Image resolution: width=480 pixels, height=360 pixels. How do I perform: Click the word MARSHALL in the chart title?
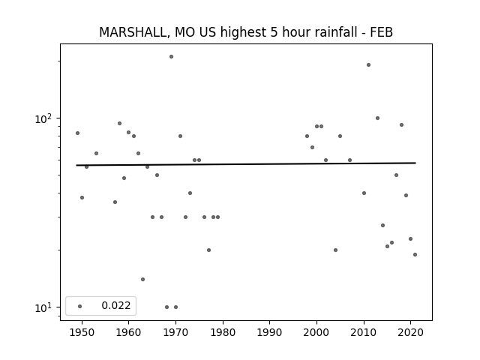click(133, 32)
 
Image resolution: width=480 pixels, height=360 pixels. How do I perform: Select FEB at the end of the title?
click(382, 32)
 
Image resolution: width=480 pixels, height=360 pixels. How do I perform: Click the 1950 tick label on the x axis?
click(82, 332)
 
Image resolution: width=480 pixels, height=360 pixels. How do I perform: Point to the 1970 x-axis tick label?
click(175, 332)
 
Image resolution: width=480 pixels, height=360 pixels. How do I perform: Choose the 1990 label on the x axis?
click(270, 332)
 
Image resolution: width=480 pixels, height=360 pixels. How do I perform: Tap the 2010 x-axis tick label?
click(364, 332)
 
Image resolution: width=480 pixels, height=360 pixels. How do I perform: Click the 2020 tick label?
click(411, 332)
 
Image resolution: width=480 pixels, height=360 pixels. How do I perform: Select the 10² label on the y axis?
click(43, 118)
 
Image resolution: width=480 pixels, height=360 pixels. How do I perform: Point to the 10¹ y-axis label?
click(43, 307)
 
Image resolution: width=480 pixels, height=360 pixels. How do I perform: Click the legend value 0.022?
click(116, 305)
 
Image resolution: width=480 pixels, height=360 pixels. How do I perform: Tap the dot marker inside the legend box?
click(80, 306)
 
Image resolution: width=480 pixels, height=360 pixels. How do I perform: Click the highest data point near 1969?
click(172, 57)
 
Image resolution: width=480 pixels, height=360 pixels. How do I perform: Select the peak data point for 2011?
click(368, 65)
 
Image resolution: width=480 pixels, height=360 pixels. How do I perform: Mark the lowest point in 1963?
click(142, 279)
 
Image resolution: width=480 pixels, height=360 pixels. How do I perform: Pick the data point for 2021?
click(415, 254)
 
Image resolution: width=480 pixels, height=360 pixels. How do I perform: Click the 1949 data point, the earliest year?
click(77, 133)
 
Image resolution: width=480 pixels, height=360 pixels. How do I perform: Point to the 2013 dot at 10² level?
click(377, 118)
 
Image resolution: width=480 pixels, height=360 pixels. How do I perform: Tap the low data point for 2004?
click(335, 250)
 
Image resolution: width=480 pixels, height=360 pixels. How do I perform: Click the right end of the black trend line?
click(415, 163)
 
